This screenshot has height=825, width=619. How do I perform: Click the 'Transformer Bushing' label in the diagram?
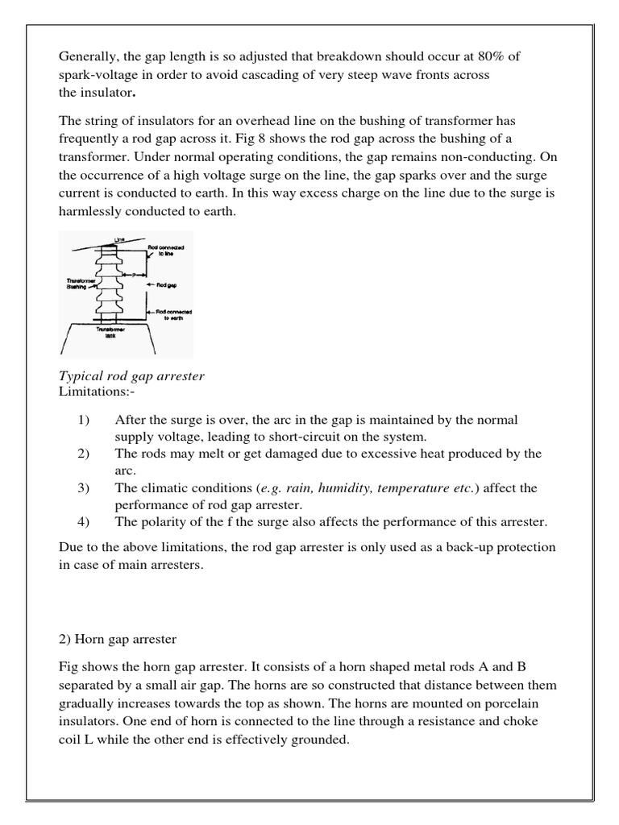pyautogui.click(x=77, y=283)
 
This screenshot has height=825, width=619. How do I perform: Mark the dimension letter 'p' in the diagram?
pyautogui.click(x=133, y=274)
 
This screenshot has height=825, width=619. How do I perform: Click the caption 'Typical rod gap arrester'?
pyautogui.click(x=132, y=377)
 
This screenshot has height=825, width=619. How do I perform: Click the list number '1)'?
pyautogui.click(x=84, y=420)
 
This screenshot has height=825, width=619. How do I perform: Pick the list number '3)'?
pyautogui.click(x=84, y=487)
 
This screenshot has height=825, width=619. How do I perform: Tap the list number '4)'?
pyautogui.click(x=84, y=521)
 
